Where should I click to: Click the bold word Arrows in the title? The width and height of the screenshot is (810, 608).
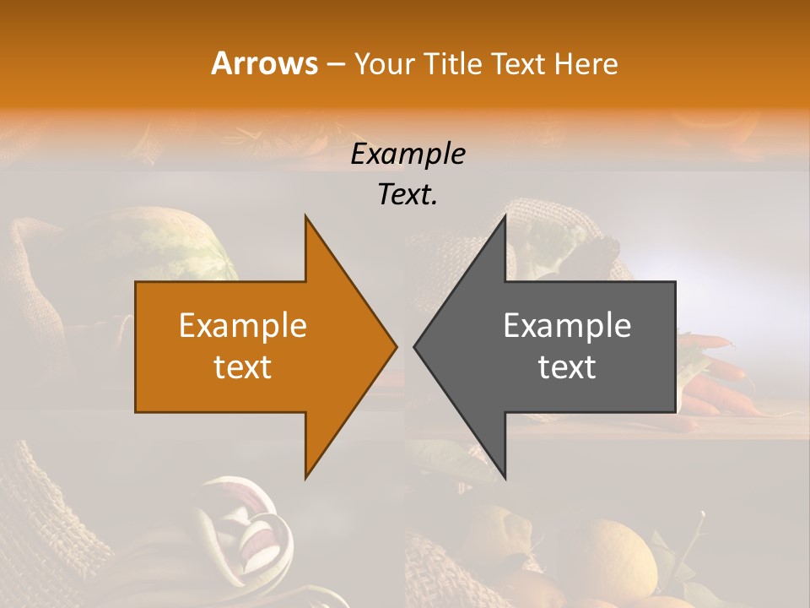coord(264,63)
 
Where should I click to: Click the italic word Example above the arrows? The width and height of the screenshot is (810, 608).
coord(408,154)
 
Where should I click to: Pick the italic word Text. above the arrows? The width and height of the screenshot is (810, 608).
coord(408,194)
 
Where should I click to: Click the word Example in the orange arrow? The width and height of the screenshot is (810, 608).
coord(243,326)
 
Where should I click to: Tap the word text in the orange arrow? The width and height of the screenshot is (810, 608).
coord(243,366)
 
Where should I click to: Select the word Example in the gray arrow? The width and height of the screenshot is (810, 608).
coord(567,326)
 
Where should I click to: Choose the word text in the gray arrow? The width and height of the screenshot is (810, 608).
coord(567,366)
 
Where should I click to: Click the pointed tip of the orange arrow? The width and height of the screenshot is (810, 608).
coord(396,346)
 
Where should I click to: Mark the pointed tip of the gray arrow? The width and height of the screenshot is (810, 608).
coord(415,346)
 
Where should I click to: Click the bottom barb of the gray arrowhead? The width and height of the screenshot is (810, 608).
coord(505,475)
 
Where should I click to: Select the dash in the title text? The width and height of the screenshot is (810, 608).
coord(335,63)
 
